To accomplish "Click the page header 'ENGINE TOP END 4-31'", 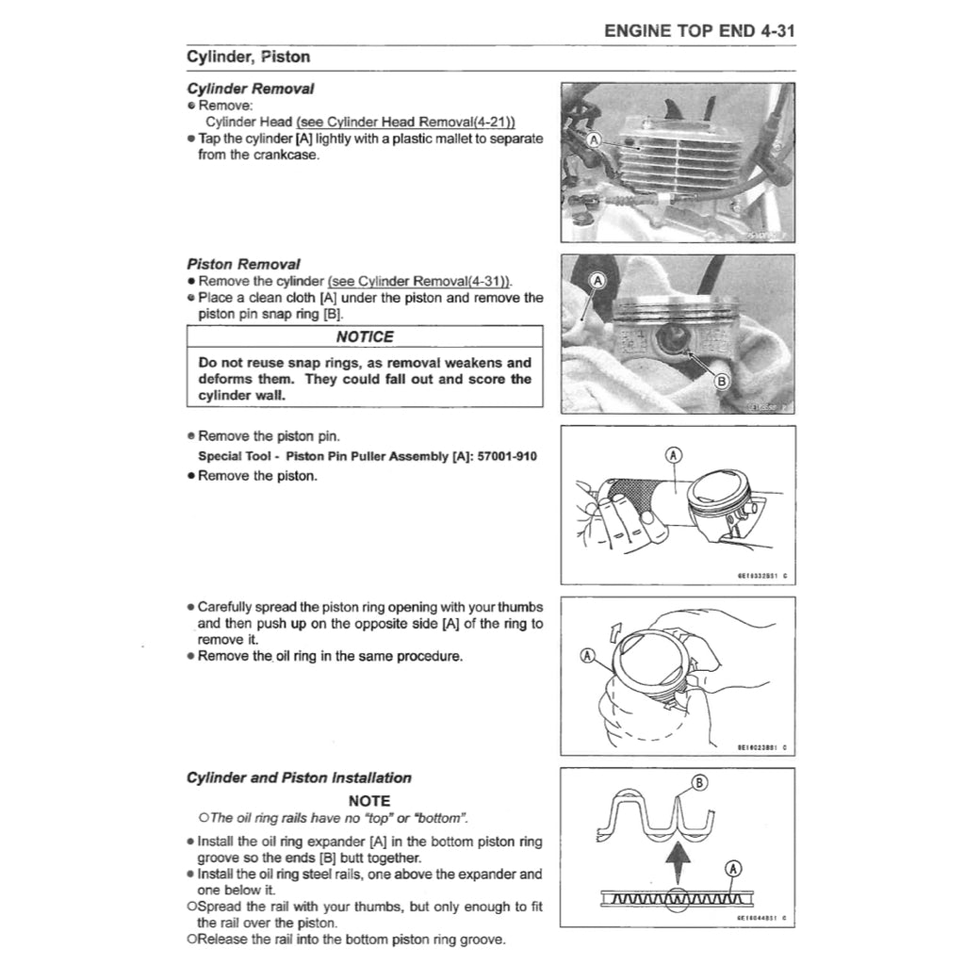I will tap(699, 30).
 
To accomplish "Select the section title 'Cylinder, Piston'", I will tap(248, 57).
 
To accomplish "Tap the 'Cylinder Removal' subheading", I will tap(250, 89).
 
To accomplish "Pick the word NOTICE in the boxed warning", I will tap(365, 336).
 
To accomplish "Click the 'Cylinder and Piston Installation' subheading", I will tap(299, 778).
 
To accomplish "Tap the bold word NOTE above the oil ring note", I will tap(369, 801).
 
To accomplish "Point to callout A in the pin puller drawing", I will tap(673, 454).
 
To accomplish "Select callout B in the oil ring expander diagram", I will tap(698, 781).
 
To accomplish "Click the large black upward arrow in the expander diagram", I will tap(674, 860).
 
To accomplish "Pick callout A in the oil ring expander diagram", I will tap(733, 867).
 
